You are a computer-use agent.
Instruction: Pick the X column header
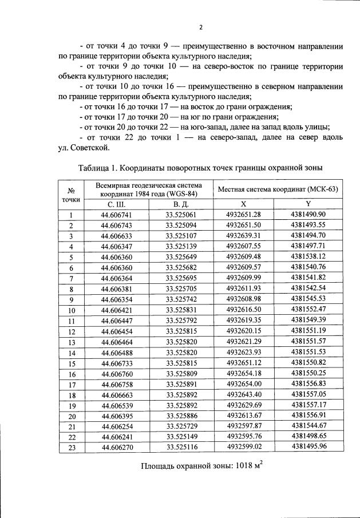pos(244,204)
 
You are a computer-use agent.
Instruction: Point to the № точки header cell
pos(72,195)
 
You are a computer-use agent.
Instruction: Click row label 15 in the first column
pos(72,363)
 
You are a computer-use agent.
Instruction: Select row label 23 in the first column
pos(72,447)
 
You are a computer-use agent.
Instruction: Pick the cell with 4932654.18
pos(244,373)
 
